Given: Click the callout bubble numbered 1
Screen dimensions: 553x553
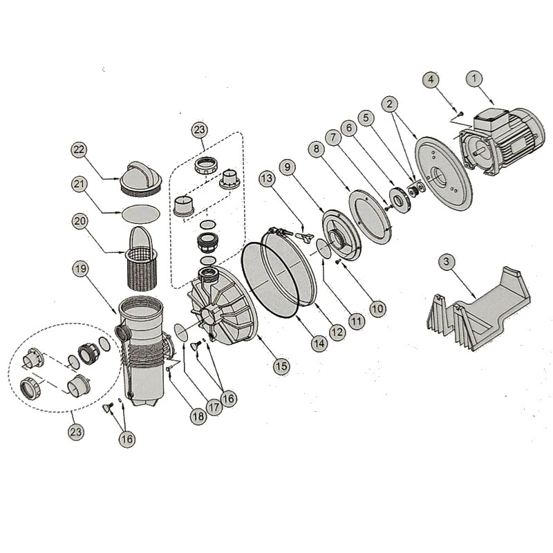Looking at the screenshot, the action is [474, 78].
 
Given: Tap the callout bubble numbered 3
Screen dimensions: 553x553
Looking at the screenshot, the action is [447, 262].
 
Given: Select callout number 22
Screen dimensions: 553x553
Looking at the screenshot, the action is [79, 149].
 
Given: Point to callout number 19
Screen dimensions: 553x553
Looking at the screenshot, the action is [80, 269].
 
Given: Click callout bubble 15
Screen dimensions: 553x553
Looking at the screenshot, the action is [281, 366].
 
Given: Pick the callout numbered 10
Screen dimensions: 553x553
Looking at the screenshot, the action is [377, 308].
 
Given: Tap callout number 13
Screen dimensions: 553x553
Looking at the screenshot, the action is [267, 178].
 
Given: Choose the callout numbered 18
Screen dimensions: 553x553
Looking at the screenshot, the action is [198, 417].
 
